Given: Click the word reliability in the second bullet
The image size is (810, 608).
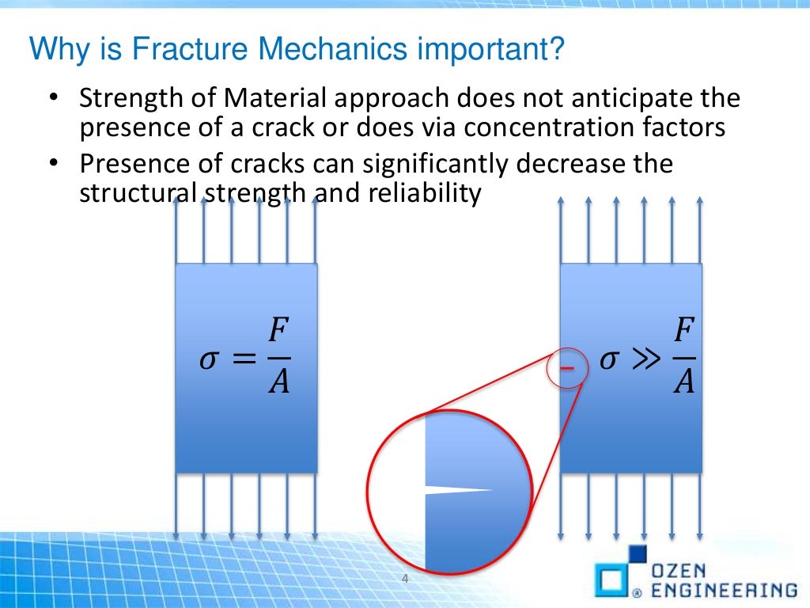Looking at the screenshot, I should click(425, 192).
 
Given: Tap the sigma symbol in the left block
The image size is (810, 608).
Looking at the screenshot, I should click(208, 360).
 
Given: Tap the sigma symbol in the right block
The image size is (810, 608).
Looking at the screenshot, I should click(608, 360).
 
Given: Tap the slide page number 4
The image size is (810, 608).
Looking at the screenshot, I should click(405, 579).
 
